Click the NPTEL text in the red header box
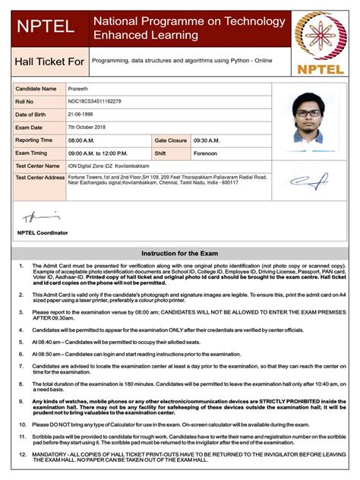click(46, 27)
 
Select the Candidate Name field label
click(36, 89)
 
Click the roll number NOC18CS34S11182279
click(94, 101)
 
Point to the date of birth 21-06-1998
click(82, 114)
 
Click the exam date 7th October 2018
click(90, 127)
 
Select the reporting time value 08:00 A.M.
click(84, 140)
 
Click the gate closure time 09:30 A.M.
click(206, 140)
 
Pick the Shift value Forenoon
click(205, 153)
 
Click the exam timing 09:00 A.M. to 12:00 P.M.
click(106, 153)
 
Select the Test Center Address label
click(40, 177)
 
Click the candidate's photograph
click(310, 122)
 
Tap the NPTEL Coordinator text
click(43, 232)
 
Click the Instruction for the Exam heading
click(180, 252)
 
